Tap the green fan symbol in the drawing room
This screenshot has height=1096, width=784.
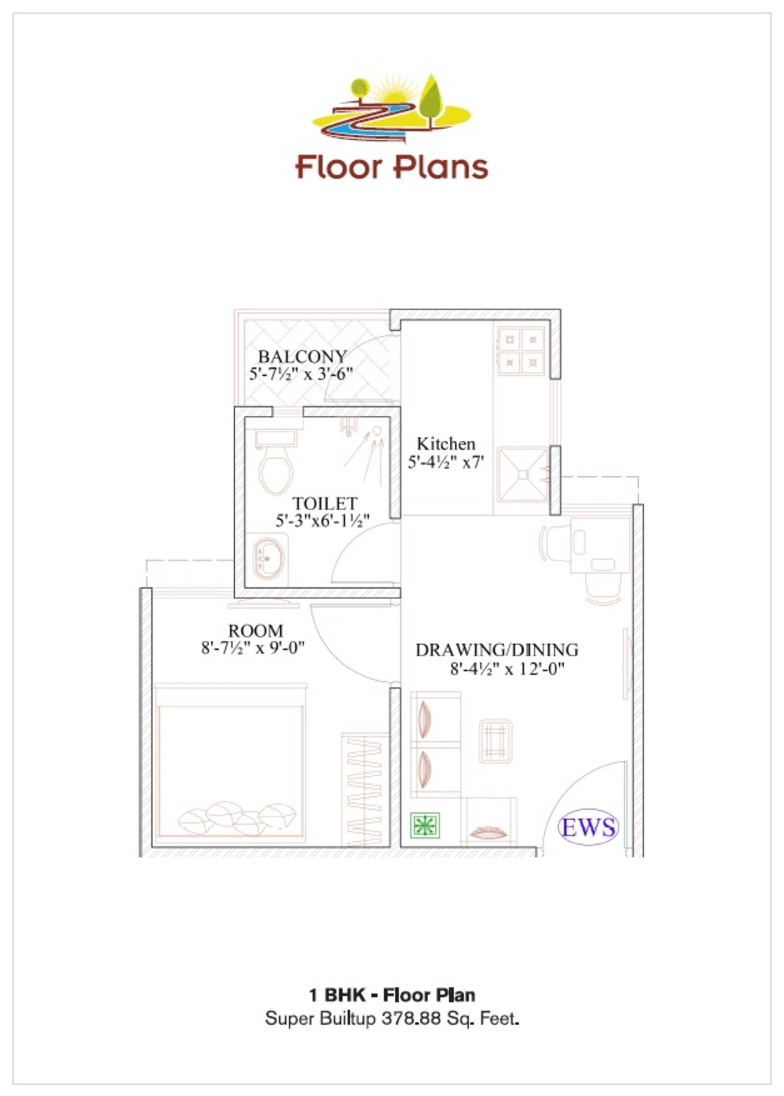point(425,825)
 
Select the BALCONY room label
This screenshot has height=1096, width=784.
point(303,357)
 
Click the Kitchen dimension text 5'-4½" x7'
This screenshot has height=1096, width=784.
point(446,462)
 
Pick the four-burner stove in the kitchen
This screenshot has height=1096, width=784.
point(521,351)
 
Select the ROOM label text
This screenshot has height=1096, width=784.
point(255,631)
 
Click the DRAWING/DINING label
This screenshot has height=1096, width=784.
point(497,650)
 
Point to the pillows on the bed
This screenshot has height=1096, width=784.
point(236,818)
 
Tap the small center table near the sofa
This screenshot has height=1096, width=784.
point(495,741)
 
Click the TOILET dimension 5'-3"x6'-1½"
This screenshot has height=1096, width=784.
point(322,521)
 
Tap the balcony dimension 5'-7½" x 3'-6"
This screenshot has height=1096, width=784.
point(301,374)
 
